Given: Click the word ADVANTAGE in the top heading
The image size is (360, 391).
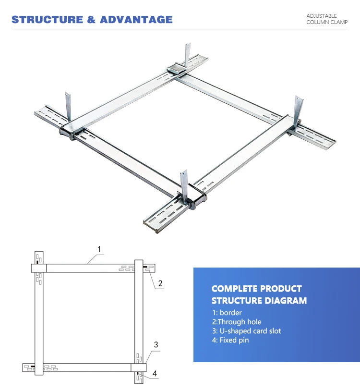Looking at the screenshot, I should (136, 20).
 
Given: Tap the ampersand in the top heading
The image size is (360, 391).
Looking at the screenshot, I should (91, 20).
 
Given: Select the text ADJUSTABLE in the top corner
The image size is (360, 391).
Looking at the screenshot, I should (322, 16).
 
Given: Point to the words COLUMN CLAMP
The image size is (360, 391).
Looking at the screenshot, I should (327, 23).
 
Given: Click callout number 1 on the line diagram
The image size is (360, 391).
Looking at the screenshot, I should (99, 249).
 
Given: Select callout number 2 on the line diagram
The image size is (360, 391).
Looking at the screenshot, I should (160, 283).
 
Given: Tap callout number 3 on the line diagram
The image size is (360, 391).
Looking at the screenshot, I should (156, 344).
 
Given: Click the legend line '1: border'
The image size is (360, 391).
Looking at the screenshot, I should (227, 313).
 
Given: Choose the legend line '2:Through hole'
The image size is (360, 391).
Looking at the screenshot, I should (237, 322).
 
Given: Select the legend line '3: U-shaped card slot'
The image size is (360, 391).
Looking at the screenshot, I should (246, 331).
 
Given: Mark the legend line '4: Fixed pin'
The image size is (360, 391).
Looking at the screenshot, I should (230, 340).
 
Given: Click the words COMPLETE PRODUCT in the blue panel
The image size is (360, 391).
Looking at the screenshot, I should (256, 289).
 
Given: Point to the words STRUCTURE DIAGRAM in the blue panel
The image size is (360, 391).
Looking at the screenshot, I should (259, 301).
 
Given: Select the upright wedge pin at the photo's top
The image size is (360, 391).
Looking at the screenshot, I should (187, 55).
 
